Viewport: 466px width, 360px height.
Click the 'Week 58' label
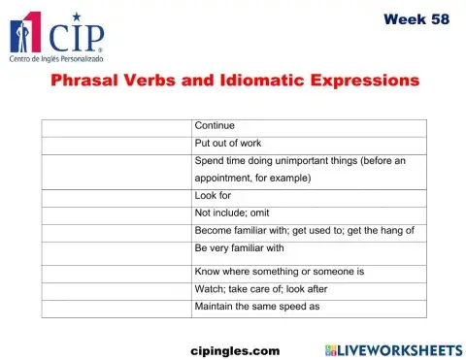point(416,19)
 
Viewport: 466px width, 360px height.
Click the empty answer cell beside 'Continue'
point(116,127)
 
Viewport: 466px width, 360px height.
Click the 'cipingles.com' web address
point(235,348)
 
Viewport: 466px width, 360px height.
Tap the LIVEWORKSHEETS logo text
point(402,348)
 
